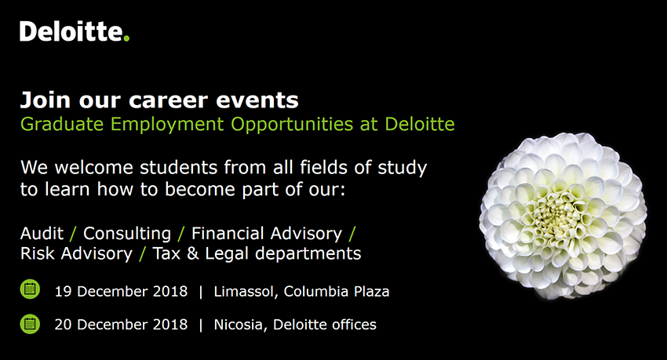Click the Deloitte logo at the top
75,31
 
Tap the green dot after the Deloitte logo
126,38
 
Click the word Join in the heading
45,100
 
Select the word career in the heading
169,100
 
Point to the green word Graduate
62,124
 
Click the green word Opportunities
292,125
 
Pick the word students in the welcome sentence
179,167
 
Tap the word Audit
42,234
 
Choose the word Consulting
127,234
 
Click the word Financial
228,234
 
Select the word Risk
38,253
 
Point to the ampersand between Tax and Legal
193,253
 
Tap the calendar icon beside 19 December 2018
30,289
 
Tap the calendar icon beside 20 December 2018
30,324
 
